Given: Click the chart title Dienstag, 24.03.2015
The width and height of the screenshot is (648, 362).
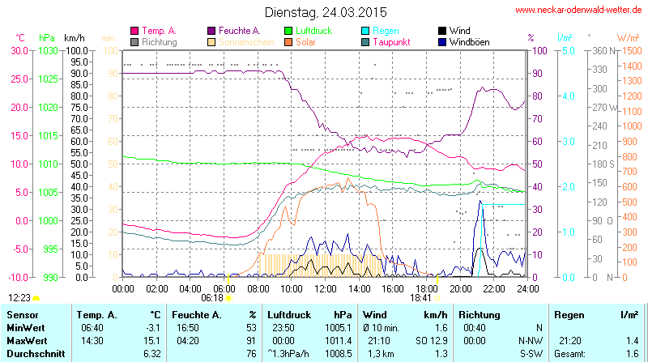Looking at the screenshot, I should click(x=326, y=12).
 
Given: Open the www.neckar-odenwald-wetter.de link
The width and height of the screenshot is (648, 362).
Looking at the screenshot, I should click(x=579, y=11).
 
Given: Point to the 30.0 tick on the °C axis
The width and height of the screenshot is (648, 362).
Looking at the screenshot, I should click(x=16, y=50).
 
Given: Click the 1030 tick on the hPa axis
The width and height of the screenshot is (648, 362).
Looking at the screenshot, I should click(x=47, y=50).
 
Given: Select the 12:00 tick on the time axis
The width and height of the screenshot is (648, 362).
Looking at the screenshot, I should click(x=325, y=288).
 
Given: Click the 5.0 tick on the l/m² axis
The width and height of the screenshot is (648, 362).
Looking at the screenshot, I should click(x=569, y=50).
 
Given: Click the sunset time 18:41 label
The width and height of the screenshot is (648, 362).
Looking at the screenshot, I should click(x=420, y=298).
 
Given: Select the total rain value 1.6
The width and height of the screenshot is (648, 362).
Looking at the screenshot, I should click(x=632, y=354).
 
